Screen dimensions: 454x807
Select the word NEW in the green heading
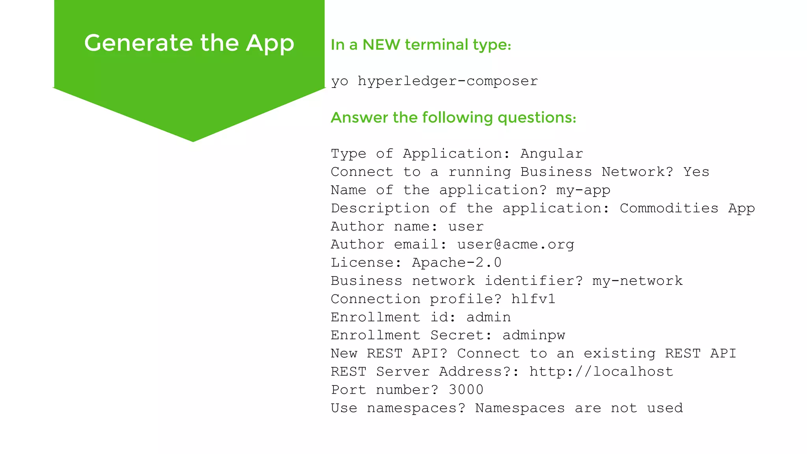coord(381,45)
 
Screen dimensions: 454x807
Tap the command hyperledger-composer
coord(448,81)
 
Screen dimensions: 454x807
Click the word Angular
coord(552,153)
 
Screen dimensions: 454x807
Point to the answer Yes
coord(696,171)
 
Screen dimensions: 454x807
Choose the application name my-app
coord(583,190)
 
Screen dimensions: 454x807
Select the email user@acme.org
coord(515,244)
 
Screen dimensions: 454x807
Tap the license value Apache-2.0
coord(457,262)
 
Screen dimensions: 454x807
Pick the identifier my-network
coord(637,281)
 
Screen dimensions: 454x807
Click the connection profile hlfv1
coord(533,299)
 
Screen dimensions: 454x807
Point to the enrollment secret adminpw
coord(534,335)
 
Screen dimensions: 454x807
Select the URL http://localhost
coord(601,371)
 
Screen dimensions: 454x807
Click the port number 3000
coord(466,389)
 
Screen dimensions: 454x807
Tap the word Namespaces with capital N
coord(520,408)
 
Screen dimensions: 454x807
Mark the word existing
coord(619,353)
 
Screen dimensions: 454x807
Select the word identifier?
coord(534,281)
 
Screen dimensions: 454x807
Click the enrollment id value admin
coord(489,317)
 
